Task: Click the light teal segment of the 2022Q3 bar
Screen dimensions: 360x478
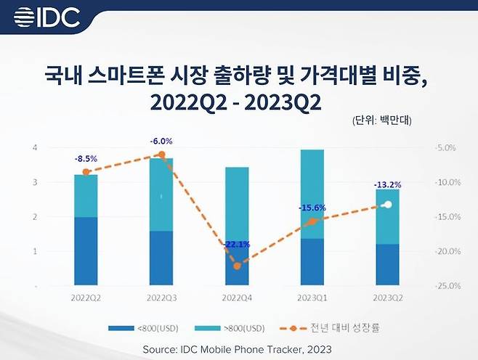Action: [161, 194]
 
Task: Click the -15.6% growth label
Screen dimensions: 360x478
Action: [312, 208]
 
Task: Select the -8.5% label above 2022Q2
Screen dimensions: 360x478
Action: [86, 157]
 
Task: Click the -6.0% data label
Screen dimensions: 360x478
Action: [161, 141]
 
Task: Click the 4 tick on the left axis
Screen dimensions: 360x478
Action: [35, 148]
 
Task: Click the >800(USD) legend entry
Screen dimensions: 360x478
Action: [236, 328]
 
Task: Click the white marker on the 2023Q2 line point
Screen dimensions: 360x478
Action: [388, 205]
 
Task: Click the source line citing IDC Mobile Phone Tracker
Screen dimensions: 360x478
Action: [238, 349]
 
